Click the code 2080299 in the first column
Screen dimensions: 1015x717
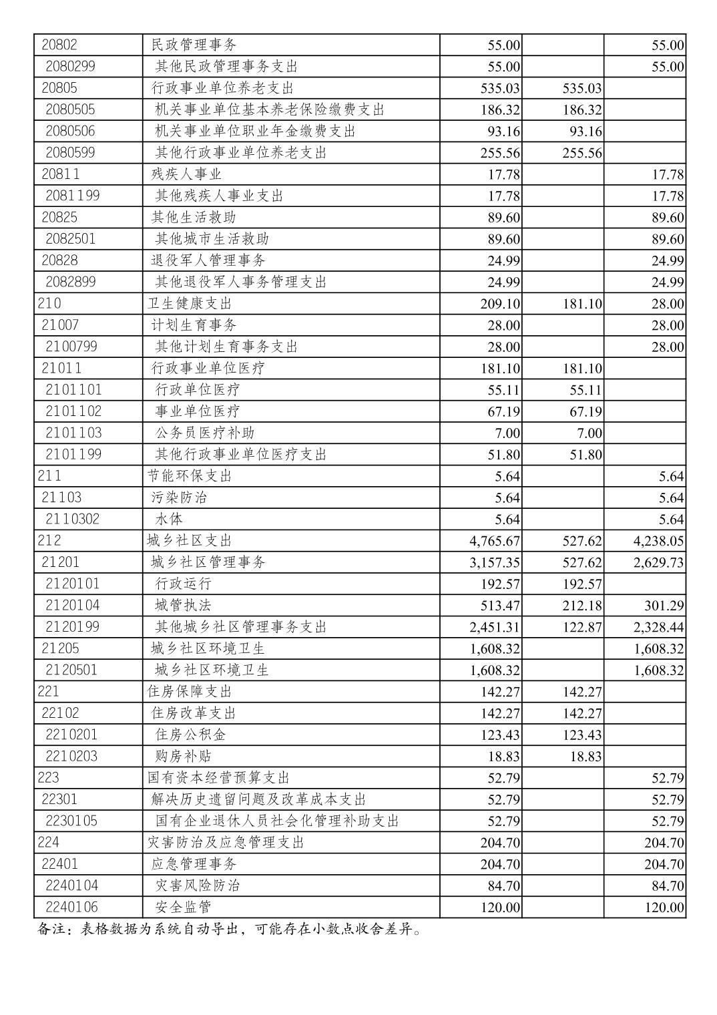click(x=70, y=67)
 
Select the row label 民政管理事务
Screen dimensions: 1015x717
click(x=194, y=45)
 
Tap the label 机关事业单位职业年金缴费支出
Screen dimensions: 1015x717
click(x=255, y=132)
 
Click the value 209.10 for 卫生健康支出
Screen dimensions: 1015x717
click(x=500, y=304)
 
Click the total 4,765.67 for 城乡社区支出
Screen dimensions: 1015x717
click(x=495, y=541)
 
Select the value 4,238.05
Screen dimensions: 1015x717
click(x=658, y=541)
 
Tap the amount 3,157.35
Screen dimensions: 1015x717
click(x=495, y=562)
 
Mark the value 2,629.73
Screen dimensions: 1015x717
click(x=658, y=562)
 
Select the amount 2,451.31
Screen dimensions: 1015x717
click(x=495, y=627)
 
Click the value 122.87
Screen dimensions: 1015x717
click(x=582, y=627)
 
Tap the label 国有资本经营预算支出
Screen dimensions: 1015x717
click(x=218, y=778)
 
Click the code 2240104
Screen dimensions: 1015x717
click(x=71, y=885)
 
